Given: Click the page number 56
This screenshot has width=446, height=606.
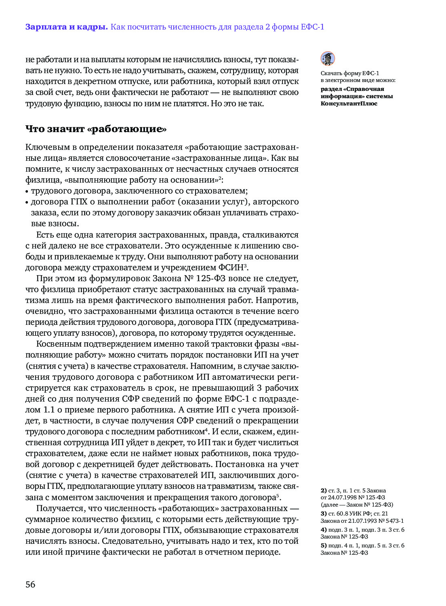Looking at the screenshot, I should coord(30,584).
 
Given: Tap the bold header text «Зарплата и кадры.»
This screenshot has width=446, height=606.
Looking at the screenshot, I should coord(66,27).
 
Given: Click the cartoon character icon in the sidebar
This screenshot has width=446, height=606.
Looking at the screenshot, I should coord(328,59).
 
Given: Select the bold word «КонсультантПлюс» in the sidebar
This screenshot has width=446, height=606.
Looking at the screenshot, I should coord(349,103).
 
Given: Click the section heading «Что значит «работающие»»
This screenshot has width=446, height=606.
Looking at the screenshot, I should coord(96,129).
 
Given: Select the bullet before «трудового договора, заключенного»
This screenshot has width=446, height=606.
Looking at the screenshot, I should coord(27,191).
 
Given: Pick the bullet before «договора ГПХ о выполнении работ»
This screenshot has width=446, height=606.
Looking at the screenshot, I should coord(27,202).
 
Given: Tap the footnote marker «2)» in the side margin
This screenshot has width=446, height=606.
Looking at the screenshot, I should coord(324,490).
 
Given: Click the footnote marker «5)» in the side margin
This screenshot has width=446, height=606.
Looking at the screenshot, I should coord(324,545).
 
